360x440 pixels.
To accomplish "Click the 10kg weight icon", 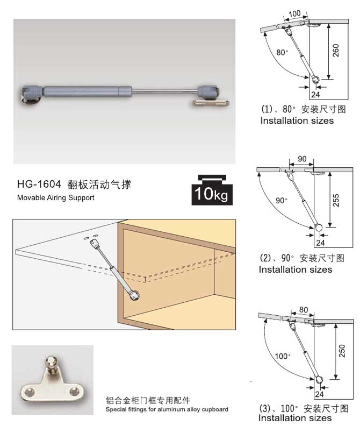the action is click(212, 190).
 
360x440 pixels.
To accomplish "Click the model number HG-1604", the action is click(39, 184).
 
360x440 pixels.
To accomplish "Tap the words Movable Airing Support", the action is click(56, 197).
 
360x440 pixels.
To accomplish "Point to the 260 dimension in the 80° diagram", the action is click(336, 51).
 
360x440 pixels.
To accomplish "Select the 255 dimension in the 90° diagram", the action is click(336, 200).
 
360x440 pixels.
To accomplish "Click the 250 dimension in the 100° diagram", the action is click(342, 351).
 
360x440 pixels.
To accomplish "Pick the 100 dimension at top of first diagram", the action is click(294, 13).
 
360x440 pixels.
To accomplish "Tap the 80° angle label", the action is click(282, 53).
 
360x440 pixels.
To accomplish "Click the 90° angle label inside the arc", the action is click(282, 201).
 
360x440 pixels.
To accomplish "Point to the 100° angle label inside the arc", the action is click(282, 356).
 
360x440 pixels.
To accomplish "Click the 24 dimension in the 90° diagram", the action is click(320, 243).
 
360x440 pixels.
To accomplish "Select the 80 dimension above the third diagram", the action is click(304, 310).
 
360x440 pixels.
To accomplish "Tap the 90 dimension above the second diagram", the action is click(302, 159).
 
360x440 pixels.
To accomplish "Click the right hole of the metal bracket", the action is click(74, 391).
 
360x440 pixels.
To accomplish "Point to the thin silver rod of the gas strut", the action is click(165, 91).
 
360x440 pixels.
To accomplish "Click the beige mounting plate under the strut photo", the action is click(211, 103).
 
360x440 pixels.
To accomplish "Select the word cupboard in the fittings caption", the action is click(215, 409).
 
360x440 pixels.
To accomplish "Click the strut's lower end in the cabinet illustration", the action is click(134, 295).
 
